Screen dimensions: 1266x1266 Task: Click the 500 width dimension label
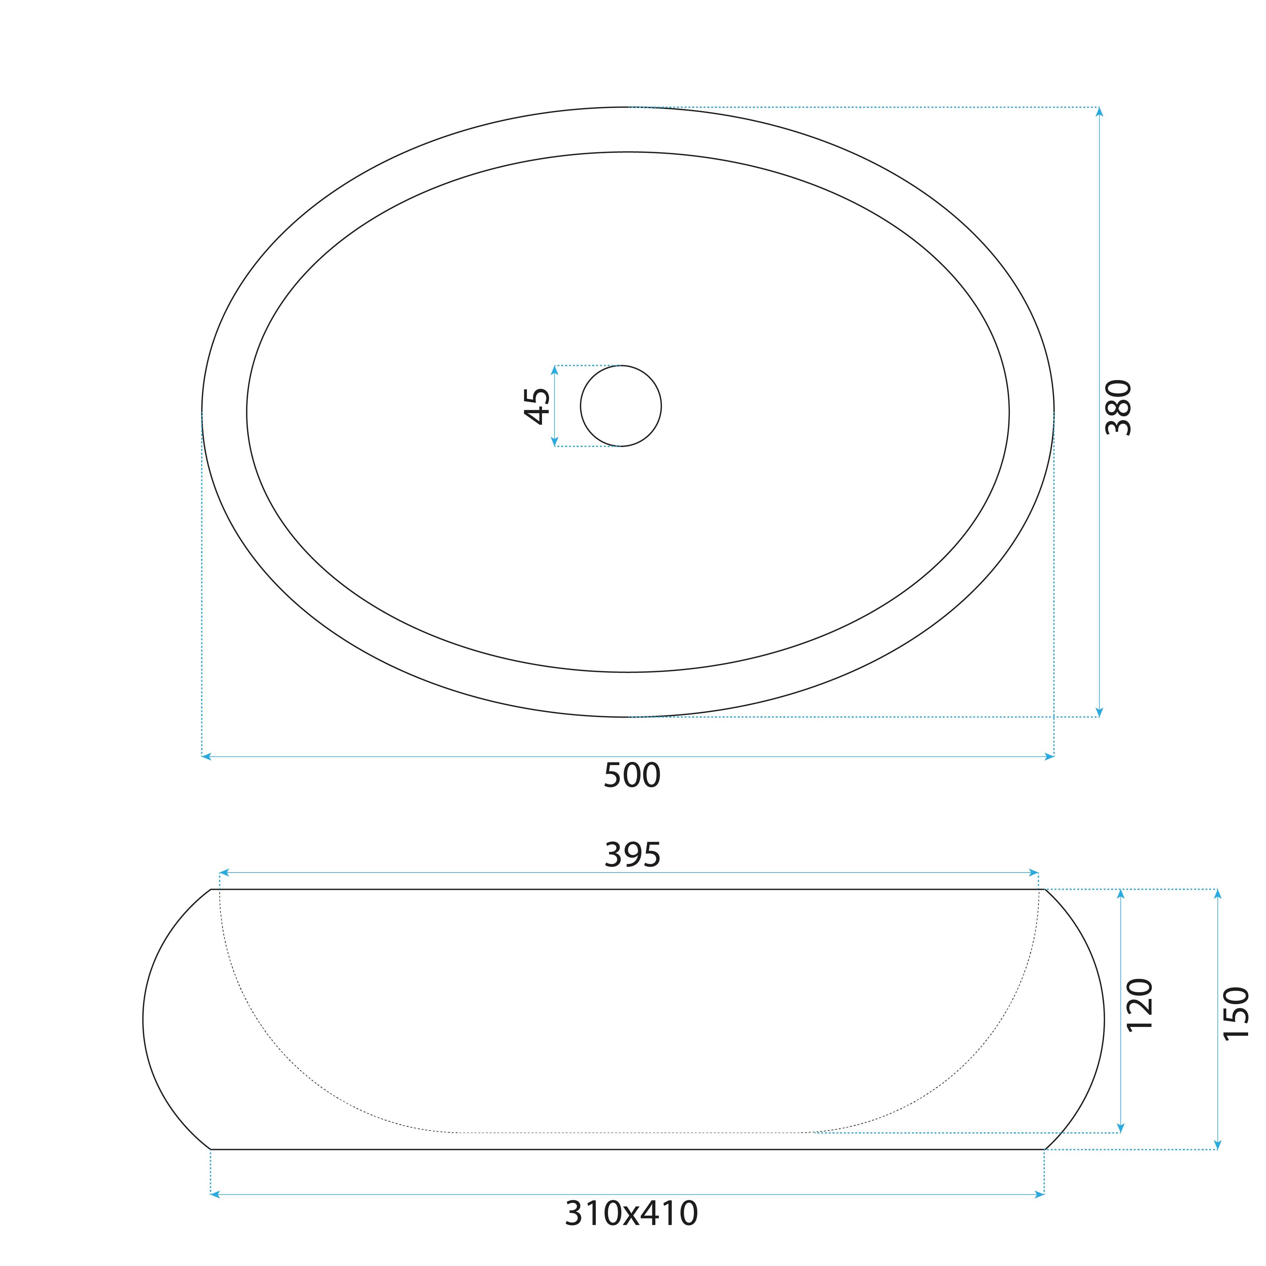pyautogui.click(x=632, y=775)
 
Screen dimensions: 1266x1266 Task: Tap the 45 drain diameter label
pyautogui.click(x=537, y=406)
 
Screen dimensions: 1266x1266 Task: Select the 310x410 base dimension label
pyautogui.click(x=632, y=1214)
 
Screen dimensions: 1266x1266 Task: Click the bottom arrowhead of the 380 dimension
pyautogui.click(x=1100, y=712)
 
